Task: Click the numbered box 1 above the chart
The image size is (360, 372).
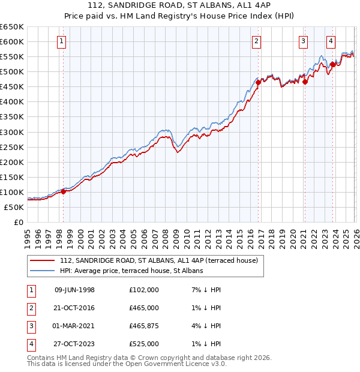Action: pos(62,41)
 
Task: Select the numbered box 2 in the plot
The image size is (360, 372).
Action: pos(256,41)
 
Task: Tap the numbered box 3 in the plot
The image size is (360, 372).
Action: pos(303,41)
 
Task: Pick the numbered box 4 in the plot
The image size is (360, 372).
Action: pos(331,41)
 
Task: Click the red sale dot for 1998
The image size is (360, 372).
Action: pos(63,191)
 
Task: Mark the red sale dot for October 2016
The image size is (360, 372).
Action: pos(258,82)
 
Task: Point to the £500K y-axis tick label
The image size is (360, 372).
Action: pos(11,72)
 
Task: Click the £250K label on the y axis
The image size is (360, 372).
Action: pos(11,147)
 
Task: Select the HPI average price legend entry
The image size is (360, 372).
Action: pos(131,271)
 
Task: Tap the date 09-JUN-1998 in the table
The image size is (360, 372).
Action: pos(74,290)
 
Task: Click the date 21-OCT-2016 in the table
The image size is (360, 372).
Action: pos(74,308)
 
